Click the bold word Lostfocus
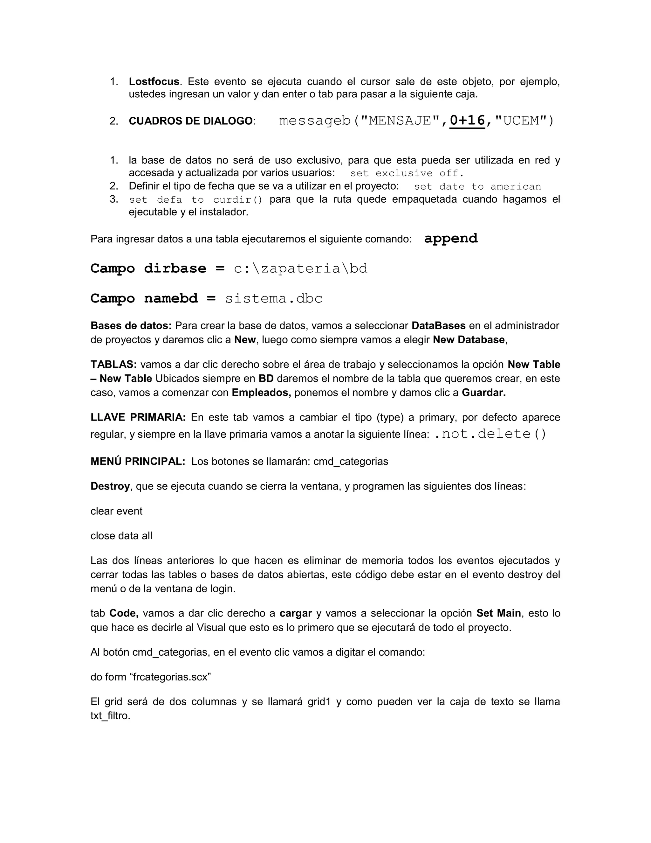(x=154, y=82)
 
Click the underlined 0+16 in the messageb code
(x=467, y=121)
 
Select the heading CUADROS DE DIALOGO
(x=190, y=121)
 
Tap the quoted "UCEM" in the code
(x=519, y=121)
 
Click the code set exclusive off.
(x=407, y=173)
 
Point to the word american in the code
(x=516, y=187)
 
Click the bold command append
(x=451, y=239)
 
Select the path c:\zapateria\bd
(x=301, y=269)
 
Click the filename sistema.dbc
(x=273, y=299)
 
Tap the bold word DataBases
(x=438, y=326)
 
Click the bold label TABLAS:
(x=113, y=365)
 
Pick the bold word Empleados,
(x=261, y=393)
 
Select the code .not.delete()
(x=490, y=434)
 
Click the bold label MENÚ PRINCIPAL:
(x=138, y=462)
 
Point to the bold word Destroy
(x=110, y=486)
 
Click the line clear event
(x=116, y=512)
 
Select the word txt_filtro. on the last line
(x=110, y=716)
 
